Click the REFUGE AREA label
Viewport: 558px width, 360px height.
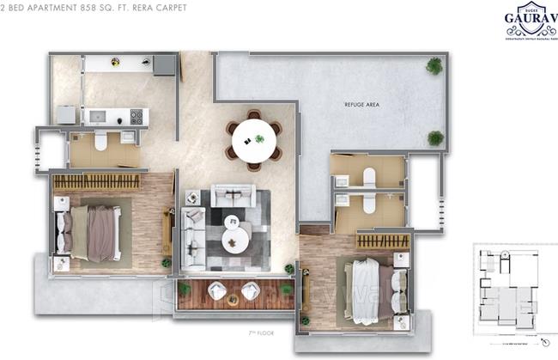(361, 104)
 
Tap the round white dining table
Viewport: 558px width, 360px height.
(254, 139)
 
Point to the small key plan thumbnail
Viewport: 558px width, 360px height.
(511, 287)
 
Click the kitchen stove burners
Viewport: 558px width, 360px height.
(136, 115)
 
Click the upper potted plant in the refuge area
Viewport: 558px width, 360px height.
(434, 65)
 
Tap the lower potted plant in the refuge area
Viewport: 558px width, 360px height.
(435, 137)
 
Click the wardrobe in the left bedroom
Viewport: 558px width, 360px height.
(97, 182)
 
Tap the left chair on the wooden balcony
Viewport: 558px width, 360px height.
(217, 292)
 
